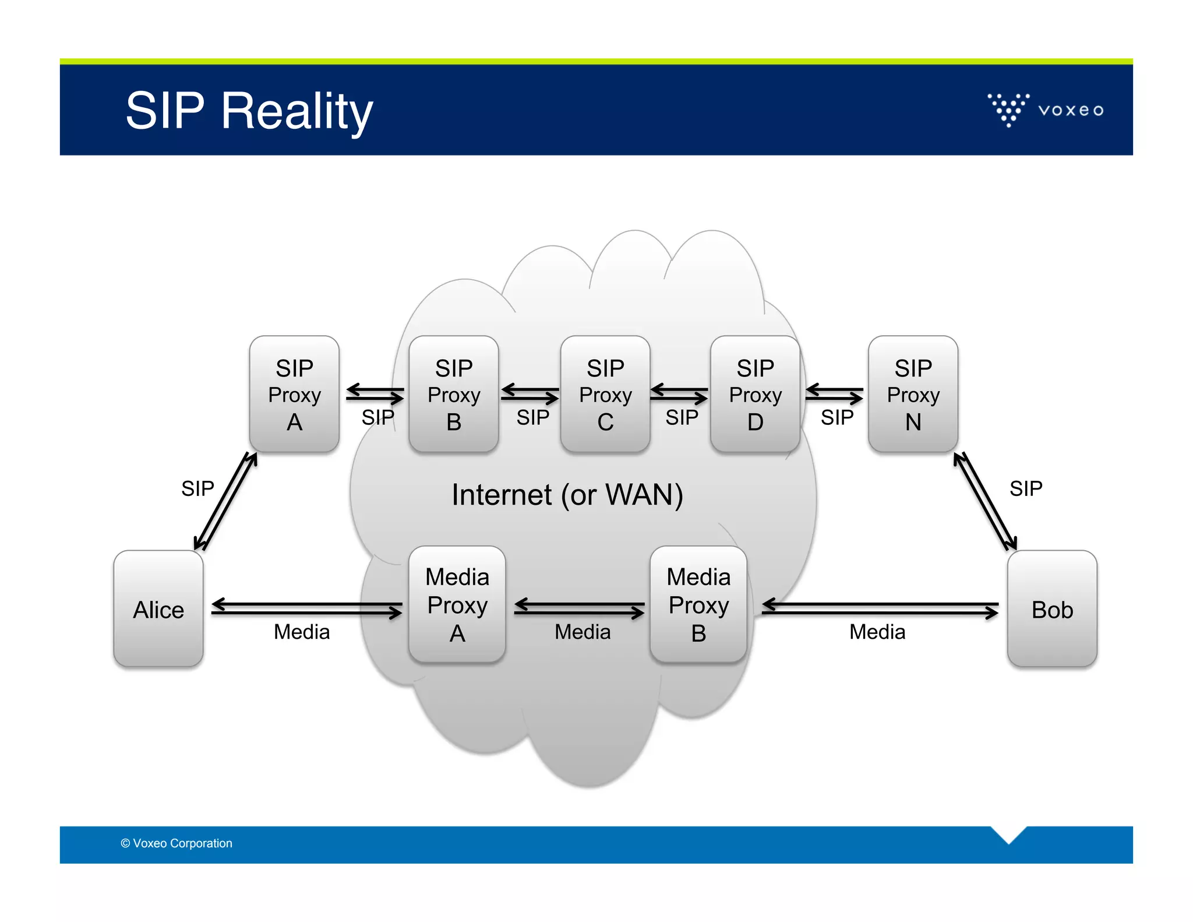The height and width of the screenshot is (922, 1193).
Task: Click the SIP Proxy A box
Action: coord(294,394)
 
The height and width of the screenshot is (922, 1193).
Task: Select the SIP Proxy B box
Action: coord(454,394)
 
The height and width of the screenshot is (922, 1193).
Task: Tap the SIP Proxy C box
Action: coord(605,394)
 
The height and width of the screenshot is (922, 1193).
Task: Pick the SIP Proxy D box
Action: coord(755,394)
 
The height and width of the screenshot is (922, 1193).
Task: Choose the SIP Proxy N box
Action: coord(913,394)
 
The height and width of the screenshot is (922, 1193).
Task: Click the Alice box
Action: coord(158,608)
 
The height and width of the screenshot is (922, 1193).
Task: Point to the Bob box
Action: coord(1052,608)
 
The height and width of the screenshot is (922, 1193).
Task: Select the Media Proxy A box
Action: coord(457,604)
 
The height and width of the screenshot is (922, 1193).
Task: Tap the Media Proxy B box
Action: coord(698,604)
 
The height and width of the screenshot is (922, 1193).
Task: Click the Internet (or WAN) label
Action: coord(567,495)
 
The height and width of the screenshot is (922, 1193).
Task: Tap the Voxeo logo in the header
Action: coord(1045,110)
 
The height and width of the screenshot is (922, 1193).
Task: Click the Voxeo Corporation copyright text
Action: coord(177,843)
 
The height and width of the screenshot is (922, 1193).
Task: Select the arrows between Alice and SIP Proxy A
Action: coord(226,501)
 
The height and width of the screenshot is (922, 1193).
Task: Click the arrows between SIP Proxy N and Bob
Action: coord(985,501)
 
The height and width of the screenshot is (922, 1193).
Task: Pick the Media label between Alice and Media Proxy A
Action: coord(302,632)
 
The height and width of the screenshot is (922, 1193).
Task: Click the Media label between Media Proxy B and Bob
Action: coord(877,632)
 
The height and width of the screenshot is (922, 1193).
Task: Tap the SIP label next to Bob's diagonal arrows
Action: coord(1026,488)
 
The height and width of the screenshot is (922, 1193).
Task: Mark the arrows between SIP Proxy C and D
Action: coord(679,394)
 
